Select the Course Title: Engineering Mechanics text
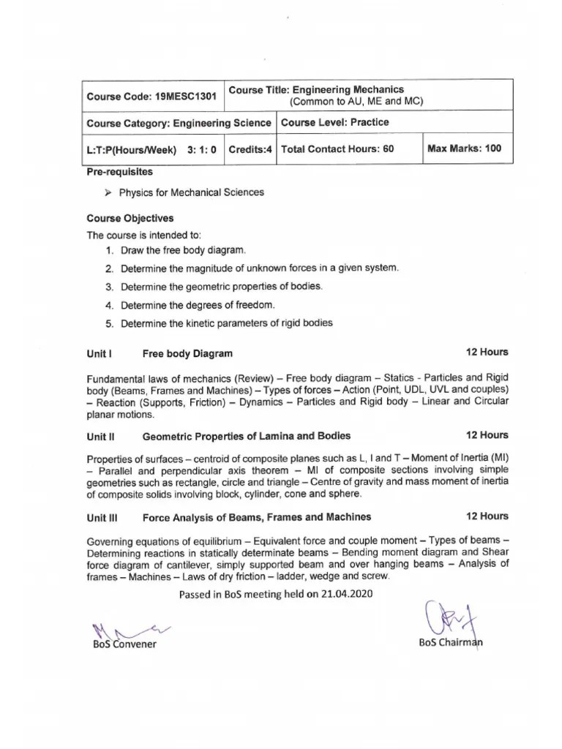[316, 90]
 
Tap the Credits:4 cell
[250, 148]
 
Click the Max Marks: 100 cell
[465, 148]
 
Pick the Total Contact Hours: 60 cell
[337, 148]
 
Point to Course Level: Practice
[334, 122]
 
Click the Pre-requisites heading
[120, 172]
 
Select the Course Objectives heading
[130, 218]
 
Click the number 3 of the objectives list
[108, 287]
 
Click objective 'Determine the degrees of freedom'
[198, 305]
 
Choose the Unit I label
[99, 354]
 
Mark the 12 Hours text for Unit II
[487, 435]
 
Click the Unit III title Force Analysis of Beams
[256, 517]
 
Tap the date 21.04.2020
[347, 594]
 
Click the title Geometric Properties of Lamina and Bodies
[246, 436]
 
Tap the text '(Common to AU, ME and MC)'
[356, 102]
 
